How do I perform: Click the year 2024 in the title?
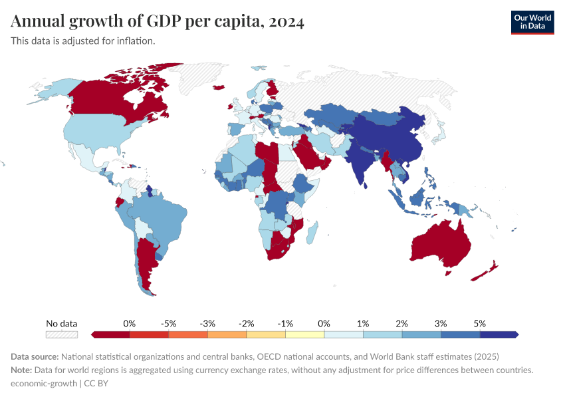tap(286, 22)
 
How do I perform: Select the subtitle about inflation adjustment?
tap(83, 41)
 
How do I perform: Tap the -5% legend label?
tap(168, 323)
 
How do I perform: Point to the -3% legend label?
tap(207, 323)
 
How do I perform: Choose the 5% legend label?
tap(479, 323)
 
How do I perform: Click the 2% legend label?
tap(401, 323)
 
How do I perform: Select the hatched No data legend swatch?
tap(61, 334)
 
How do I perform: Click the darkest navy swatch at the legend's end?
tap(504, 334)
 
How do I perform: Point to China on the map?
tap(392, 140)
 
